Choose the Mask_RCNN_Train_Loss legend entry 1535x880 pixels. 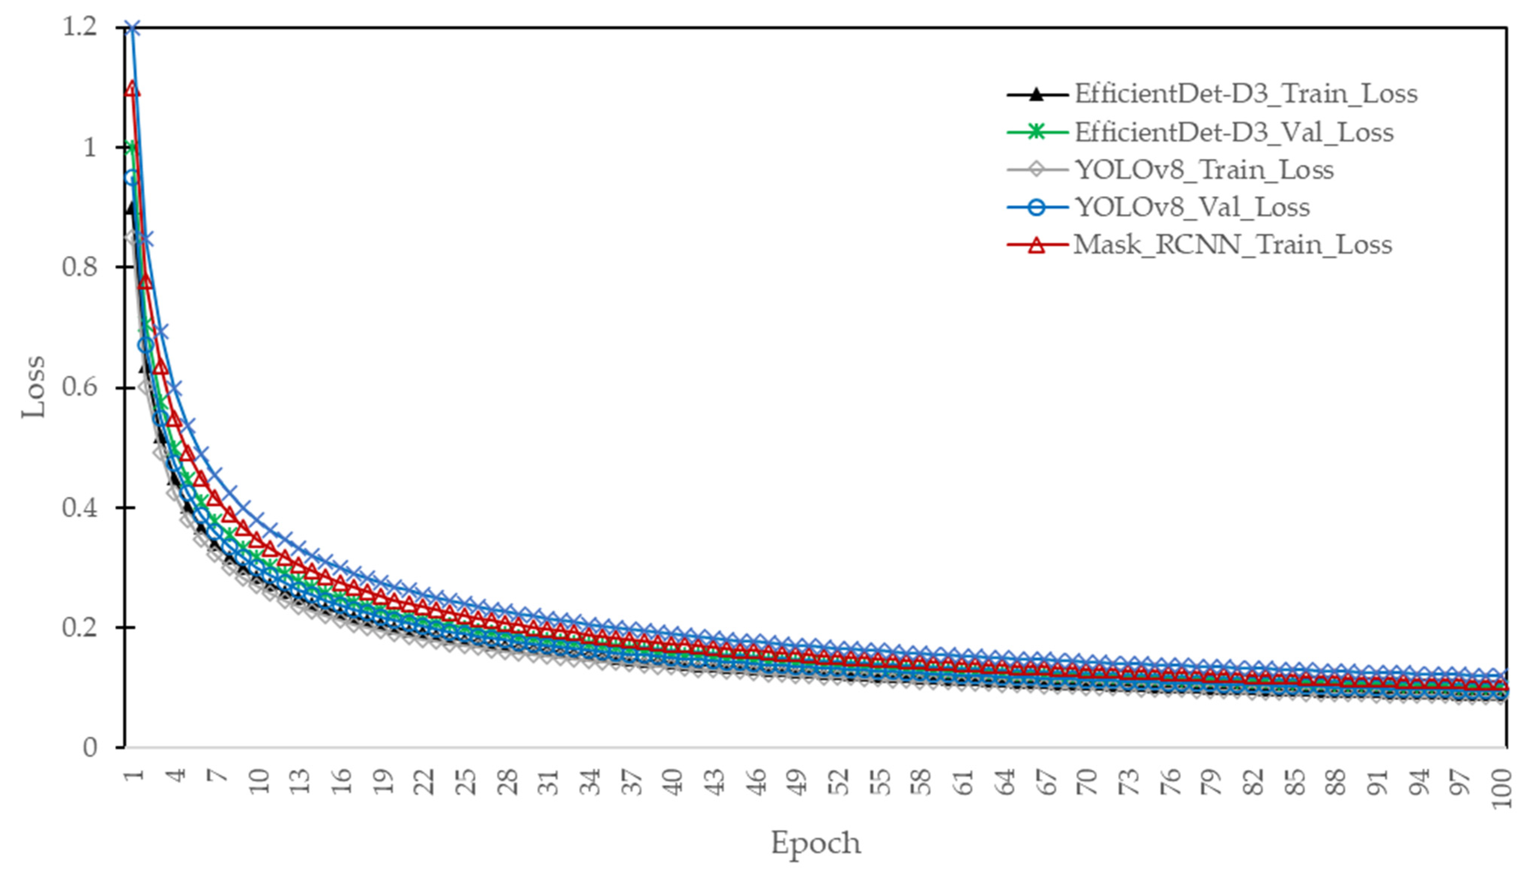click(1232, 245)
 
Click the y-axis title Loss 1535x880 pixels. click(33, 387)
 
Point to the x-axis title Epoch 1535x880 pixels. click(815, 842)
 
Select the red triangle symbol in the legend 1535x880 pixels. click(1037, 245)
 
